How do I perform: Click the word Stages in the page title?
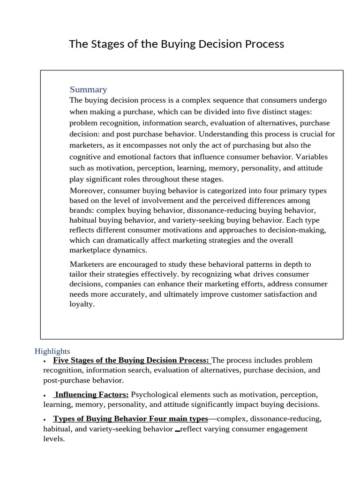click(x=107, y=44)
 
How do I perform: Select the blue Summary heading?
click(x=88, y=90)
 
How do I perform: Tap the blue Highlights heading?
click(x=52, y=351)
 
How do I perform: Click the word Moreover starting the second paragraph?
click(x=88, y=191)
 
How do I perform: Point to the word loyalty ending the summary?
click(x=82, y=304)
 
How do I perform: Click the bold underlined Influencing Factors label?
click(x=91, y=395)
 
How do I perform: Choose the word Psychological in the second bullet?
click(x=153, y=395)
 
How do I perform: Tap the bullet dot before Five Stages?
click(x=44, y=361)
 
